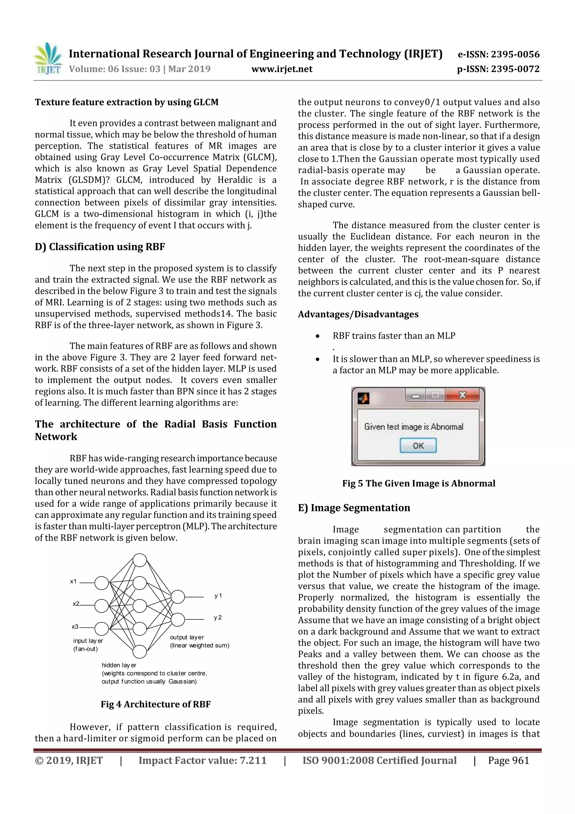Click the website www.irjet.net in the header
[x=282, y=69]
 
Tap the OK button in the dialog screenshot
[x=418, y=446]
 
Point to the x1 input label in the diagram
[x=73, y=581]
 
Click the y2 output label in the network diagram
[x=218, y=618]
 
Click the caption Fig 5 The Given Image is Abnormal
[x=418, y=483]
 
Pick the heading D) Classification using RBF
[x=100, y=247]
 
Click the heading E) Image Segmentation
[x=354, y=508]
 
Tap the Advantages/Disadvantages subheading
[x=358, y=314]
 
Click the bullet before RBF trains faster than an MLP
[x=318, y=336]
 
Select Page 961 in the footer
[x=508, y=760]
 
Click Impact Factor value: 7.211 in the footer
[x=202, y=760]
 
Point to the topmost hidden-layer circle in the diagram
[x=140, y=560]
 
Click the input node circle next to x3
[x=102, y=629]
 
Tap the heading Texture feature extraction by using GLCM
[x=126, y=103]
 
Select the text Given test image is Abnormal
[x=414, y=427]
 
